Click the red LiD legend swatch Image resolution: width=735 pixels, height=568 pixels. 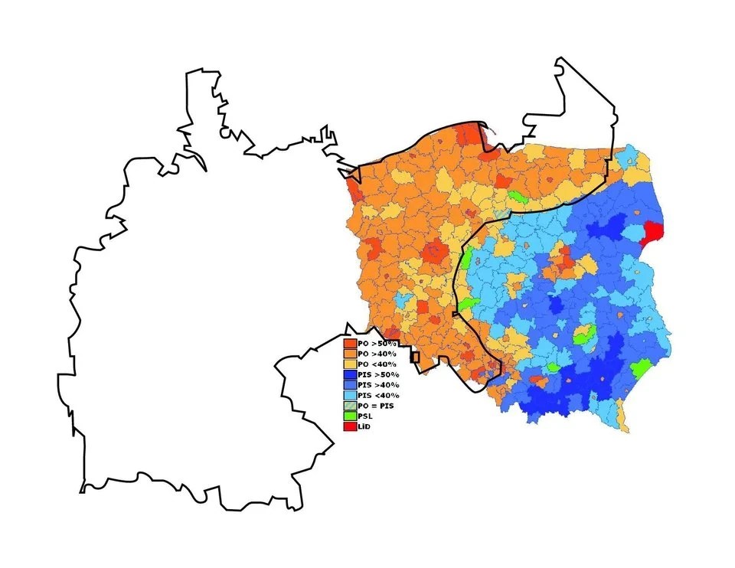[x=351, y=426]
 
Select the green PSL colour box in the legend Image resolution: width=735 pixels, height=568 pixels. [x=351, y=416]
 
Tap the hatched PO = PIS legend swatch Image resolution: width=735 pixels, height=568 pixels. [x=351, y=405]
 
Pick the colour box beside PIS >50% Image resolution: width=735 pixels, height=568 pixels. [x=351, y=374]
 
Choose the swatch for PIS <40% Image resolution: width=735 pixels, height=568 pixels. [x=351, y=395]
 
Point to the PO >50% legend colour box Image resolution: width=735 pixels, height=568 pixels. [x=351, y=344]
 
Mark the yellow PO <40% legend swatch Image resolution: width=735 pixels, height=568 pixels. [x=351, y=364]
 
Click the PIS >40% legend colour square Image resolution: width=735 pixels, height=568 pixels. [x=351, y=385]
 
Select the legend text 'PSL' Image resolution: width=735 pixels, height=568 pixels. [x=366, y=416]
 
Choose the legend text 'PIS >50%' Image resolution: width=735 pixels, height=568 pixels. [x=379, y=374]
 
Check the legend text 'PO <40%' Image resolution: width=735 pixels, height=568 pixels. [x=377, y=364]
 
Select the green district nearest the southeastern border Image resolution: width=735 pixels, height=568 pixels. [x=642, y=368]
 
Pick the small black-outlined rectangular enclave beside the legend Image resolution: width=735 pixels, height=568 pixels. [x=415, y=357]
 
